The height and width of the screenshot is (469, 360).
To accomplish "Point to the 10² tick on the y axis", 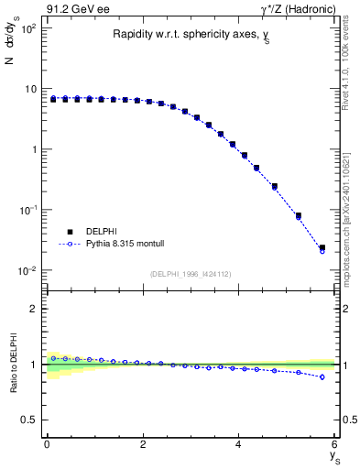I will (x=29, y=28).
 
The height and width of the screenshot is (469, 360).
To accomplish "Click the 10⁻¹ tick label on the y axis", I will (x=29, y=210).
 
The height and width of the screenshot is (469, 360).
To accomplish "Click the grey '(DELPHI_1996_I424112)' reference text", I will (x=191, y=273).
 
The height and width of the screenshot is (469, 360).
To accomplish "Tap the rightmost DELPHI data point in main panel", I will (x=322, y=247).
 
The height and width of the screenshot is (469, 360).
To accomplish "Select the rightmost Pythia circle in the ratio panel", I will (x=322, y=376).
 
